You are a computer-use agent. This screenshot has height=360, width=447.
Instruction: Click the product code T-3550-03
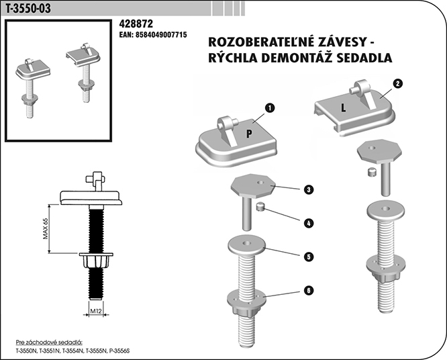pos(28,8)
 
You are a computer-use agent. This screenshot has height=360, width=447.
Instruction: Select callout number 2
pos(397,85)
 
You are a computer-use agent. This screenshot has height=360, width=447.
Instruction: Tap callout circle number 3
pos(307,190)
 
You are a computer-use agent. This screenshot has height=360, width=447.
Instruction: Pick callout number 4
pos(307,222)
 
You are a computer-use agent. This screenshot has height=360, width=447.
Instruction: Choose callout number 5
pos(307,257)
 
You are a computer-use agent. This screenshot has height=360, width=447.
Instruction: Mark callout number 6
pos(307,290)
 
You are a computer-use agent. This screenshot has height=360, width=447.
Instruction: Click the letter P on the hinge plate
pos(248,133)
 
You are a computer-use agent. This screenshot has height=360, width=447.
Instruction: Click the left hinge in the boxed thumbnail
pos(30,81)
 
